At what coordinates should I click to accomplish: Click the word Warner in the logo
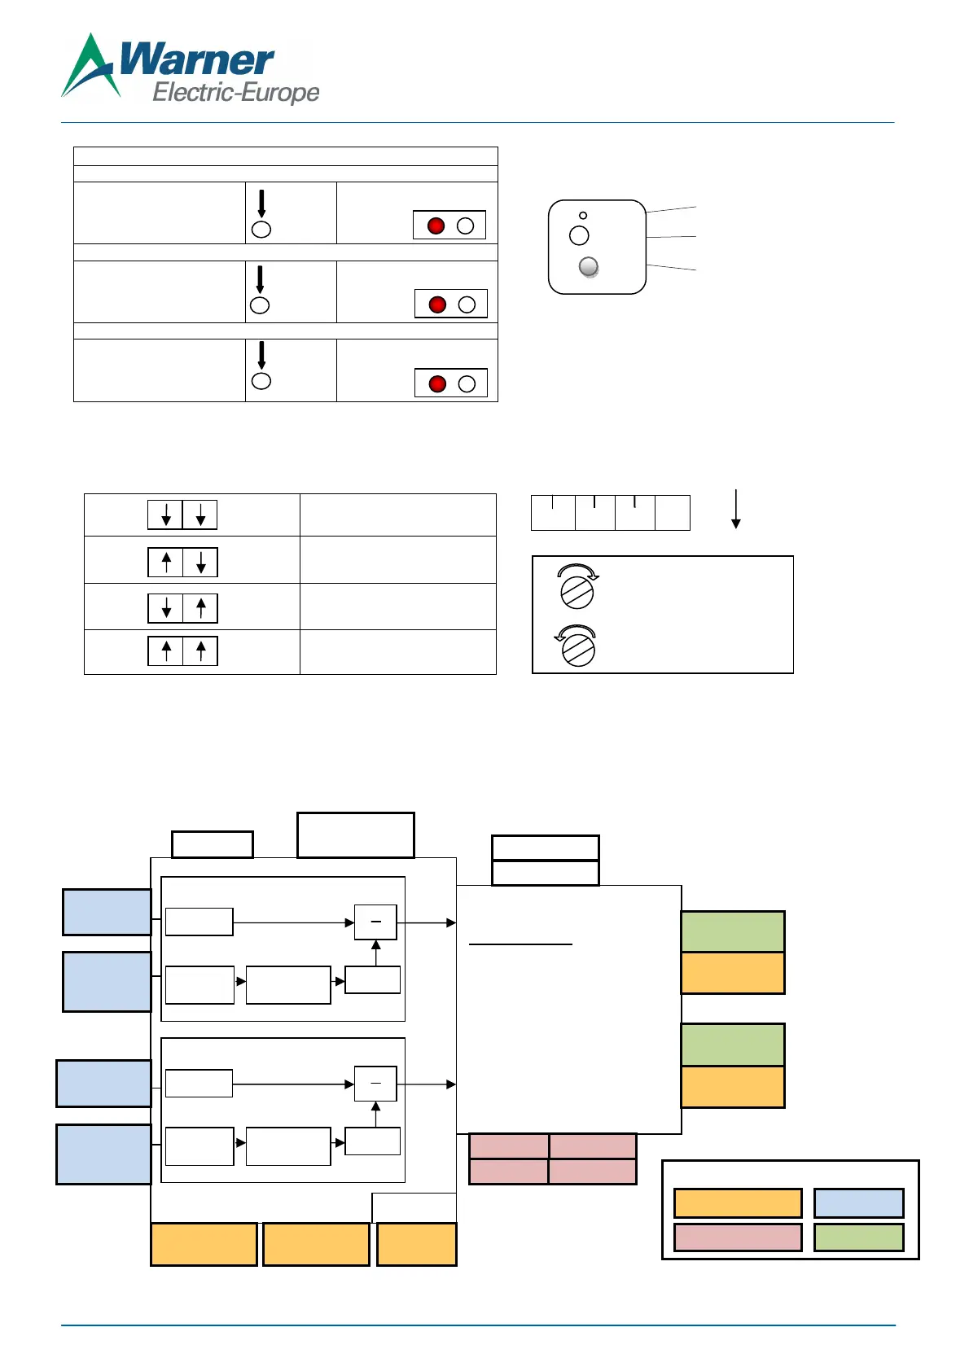click(x=196, y=59)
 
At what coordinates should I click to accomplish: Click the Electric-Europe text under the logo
click(x=235, y=92)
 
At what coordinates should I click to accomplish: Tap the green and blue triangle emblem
click(x=90, y=67)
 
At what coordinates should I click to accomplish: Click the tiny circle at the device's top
click(x=583, y=215)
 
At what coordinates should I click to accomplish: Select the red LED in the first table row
click(x=436, y=226)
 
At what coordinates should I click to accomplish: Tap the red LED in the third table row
click(x=437, y=383)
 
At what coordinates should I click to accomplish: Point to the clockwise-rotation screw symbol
click(x=577, y=588)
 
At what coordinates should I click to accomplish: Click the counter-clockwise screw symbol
click(x=577, y=647)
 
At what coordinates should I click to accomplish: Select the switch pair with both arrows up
click(x=182, y=651)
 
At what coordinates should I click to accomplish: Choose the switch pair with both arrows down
click(x=182, y=515)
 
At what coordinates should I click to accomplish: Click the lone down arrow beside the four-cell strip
click(x=735, y=510)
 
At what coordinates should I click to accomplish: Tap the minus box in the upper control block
click(x=375, y=922)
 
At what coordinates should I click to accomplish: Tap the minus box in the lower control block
click(x=375, y=1084)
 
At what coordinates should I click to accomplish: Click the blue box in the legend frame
click(x=858, y=1202)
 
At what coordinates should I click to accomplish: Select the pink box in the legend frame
click(x=738, y=1237)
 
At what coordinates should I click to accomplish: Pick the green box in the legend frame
click(x=858, y=1237)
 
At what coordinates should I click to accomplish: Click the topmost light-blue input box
click(x=107, y=912)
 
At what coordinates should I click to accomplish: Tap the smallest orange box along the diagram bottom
click(x=416, y=1244)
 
